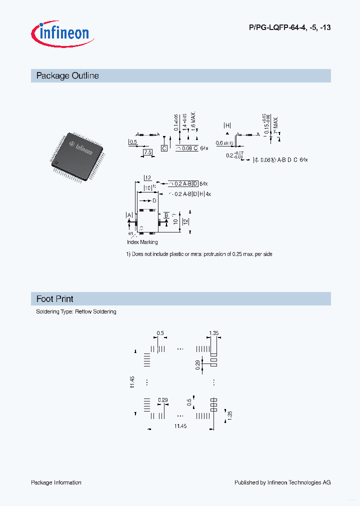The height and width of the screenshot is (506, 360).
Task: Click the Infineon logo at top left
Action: [60, 33]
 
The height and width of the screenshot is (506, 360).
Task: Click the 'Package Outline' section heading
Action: [67, 76]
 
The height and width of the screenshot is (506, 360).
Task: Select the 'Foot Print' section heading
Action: [55, 299]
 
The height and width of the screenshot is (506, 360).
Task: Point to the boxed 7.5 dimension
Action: [147, 152]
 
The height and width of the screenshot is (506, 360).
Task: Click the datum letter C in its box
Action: [163, 148]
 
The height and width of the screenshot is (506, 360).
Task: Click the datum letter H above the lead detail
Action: [227, 125]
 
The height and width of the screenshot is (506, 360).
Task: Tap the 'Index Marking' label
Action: [142, 242]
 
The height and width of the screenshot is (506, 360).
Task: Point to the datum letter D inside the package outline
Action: [154, 200]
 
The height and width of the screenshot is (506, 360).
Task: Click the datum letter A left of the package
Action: [129, 215]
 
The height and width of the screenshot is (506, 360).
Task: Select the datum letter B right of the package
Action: [166, 214]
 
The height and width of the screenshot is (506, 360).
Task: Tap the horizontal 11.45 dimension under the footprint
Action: [180, 426]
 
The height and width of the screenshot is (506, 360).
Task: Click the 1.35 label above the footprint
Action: [214, 333]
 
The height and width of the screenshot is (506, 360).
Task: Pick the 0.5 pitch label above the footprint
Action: [160, 333]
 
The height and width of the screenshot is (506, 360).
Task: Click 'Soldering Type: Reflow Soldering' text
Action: [76, 311]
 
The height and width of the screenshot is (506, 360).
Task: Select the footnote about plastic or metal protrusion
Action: [199, 254]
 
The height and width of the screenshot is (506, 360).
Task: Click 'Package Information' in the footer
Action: [56, 482]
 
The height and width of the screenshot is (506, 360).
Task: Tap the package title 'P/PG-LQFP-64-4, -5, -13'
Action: [289, 27]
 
